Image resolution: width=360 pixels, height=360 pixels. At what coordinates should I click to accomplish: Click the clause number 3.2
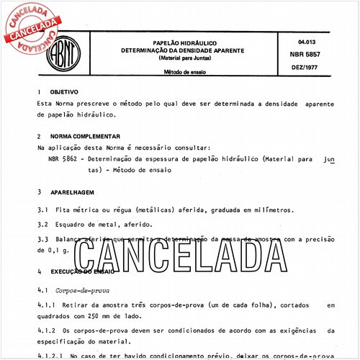click(x=42, y=224)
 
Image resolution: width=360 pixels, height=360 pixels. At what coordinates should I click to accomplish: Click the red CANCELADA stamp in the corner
click(x=32, y=27)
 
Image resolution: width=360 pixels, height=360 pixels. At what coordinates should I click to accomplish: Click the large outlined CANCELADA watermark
click(x=180, y=253)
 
